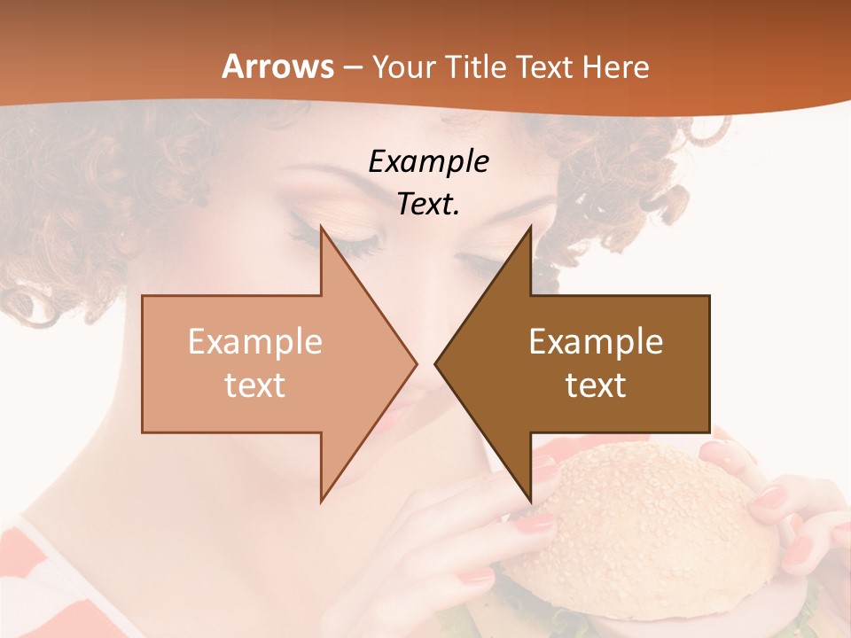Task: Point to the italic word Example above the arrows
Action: click(428, 161)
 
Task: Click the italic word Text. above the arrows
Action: click(428, 204)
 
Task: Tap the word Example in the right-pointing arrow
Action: click(255, 341)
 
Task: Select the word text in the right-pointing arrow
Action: click(255, 385)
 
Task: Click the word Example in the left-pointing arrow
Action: click(596, 341)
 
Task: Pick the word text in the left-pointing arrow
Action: click(596, 385)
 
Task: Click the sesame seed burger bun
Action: click(656, 523)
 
